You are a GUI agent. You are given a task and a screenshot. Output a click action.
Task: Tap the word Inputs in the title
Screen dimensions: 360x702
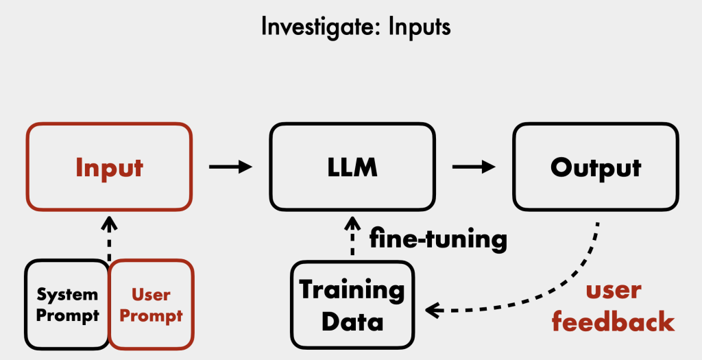pyautogui.click(x=417, y=27)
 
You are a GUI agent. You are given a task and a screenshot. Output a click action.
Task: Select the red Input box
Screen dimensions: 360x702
pyautogui.click(x=109, y=167)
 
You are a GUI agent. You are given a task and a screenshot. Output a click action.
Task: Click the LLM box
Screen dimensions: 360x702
pyautogui.click(x=352, y=167)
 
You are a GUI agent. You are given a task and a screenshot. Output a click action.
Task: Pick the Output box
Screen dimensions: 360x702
pyautogui.click(x=595, y=167)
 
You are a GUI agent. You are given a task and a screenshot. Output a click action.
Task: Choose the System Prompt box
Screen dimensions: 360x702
pyautogui.click(x=67, y=304)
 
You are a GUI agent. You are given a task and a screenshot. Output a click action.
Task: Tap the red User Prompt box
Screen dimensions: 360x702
pyautogui.click(x=150, y=304)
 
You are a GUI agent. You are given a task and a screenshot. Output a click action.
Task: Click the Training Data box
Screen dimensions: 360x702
pyautogui.click(x=352, y=304)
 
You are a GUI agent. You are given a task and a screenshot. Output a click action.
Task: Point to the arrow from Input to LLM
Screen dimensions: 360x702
pyautogui.click(x=230, y=167)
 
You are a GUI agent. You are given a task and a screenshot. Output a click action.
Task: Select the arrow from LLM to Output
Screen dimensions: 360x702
pyautogui.click(x=474, y=167)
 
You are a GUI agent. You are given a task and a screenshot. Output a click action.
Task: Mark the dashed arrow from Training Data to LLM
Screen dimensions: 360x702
pyautogui.click(x=352, y=237)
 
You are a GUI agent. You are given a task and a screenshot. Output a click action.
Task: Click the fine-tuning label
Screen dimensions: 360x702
pyautogui.click(x=438, y=239)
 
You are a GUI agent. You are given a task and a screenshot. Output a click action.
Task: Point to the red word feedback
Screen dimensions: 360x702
pyautogui.click(x=613, y=321)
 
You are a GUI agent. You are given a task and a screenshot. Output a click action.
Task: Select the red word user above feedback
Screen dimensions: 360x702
pyautogui.click(x=613, y=290)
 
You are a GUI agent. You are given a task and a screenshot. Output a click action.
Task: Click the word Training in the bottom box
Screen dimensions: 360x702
pyautogui.click(x=352, y=290)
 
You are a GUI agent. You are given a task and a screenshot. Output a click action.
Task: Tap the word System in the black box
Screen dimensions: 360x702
pyautogui.click(x=67, y=295)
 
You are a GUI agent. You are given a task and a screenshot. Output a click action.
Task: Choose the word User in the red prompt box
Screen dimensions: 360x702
pyautogui.click(x=150, y=295)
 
